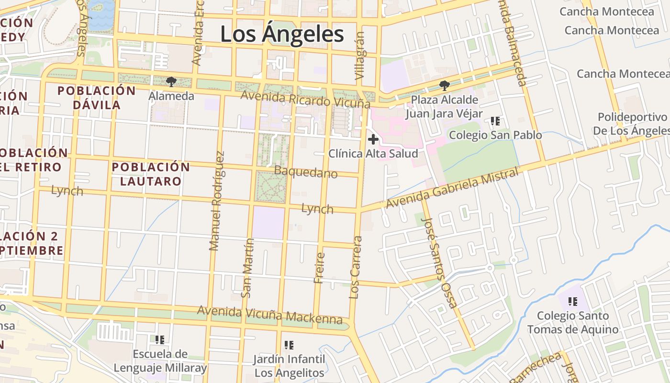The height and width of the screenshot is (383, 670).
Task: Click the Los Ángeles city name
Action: [282, 34]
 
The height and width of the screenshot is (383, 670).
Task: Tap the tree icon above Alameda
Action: [171, 82]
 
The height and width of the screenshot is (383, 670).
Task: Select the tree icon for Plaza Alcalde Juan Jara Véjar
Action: [444, 86]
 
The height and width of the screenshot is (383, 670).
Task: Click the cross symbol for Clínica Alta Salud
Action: [373, 140]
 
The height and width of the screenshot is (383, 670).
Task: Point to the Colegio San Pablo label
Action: [495, 135]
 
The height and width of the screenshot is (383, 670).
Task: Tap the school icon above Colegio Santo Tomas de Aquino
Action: [572, 302]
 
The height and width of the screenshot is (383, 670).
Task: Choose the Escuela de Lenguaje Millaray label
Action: [160, 361]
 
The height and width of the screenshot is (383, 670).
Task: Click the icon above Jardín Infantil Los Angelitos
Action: [289, 345]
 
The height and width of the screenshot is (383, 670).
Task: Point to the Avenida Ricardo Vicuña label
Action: [305, 99]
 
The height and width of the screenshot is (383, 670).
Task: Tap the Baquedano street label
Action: [306, 172]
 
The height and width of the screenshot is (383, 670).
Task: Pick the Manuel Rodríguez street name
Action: [216, 201]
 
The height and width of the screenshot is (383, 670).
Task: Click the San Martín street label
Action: [247, 268]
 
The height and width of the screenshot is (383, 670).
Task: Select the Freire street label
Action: [319, 268]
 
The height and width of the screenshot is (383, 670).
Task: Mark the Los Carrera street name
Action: [355, 267]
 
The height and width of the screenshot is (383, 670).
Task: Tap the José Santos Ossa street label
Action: [439, 261]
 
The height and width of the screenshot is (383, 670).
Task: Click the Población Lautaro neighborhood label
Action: [151, 174]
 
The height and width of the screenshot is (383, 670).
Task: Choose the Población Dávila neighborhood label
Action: [97, 97]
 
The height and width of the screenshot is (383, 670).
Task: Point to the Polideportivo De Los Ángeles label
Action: [632, 124]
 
